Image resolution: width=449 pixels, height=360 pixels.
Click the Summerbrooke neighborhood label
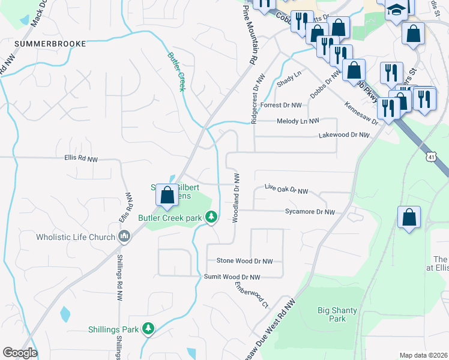point(50,44)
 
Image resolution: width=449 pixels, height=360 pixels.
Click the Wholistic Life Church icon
point(125,236)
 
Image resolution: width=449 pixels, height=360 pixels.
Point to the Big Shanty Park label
point(331,314)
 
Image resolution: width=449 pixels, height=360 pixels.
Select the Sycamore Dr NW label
point(310,212)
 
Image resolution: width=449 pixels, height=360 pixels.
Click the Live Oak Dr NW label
point(286,190)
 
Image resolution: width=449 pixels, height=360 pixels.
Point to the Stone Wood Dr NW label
point(244,261)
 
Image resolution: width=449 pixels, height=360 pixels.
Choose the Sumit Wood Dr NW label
point(232,277)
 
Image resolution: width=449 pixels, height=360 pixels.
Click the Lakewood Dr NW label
point(346,136)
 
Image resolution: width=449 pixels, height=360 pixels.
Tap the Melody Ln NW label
point(298,121)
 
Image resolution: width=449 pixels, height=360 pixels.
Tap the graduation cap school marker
point(396,10)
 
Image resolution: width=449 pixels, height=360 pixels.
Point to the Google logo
point(20,353)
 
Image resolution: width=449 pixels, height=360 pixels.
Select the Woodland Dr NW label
point(237,197)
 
